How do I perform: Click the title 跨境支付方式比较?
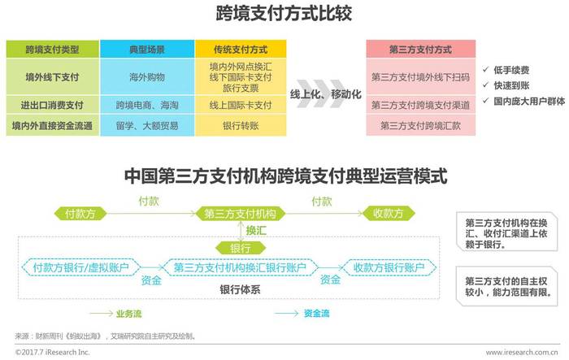point(284,14)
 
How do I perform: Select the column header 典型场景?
point(147,50)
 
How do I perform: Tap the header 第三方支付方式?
point(420,50)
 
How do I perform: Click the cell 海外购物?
point(147,77)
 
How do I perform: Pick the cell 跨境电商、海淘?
point(147,106)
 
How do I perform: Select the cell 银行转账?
point(241,126)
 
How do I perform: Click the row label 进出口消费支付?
point(52,106)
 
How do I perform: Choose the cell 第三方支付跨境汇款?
point(420,126)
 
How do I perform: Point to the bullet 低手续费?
point(506,70)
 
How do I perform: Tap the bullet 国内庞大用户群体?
point(523,102)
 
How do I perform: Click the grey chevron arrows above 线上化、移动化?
point(321,93)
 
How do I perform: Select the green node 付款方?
point(80,214)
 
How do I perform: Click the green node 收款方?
point(389,214)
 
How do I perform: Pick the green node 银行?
point(241,249)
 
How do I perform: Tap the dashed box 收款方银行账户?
point(389,268)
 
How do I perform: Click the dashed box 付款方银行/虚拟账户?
point(80,268)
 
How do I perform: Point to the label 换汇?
point(256,231)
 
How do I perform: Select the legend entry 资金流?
point(302,313)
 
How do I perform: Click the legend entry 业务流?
point(115,314)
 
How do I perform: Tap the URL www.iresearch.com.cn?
point(522,352)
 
